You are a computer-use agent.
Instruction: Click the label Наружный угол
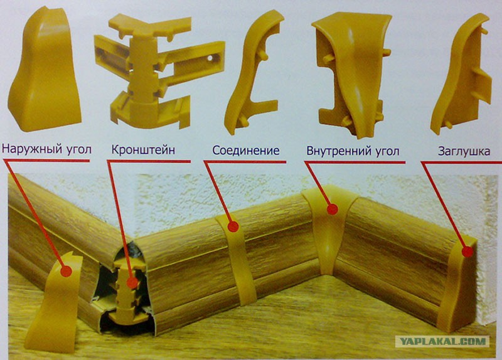tap(46, 149)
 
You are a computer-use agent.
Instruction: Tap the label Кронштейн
tap(143, 149)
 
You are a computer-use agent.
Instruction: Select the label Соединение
tap(246, 150)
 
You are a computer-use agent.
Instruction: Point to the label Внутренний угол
tap(353, 151)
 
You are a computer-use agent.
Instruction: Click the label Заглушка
tap(464, 151)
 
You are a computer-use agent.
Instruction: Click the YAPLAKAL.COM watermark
tap(442, 341)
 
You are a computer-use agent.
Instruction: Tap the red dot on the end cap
tap(467, 251)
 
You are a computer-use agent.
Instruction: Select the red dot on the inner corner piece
tap(333, 209)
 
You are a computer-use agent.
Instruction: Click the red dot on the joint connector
tap(233, 226)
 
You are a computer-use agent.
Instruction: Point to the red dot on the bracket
tap(132, 283)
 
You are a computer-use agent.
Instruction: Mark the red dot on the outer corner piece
tap(66, 271)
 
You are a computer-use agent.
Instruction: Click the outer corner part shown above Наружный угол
tap(45, 69)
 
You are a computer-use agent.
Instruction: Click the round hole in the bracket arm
tap(211, 58)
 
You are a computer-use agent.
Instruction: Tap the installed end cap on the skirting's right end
tap(456, 285)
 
